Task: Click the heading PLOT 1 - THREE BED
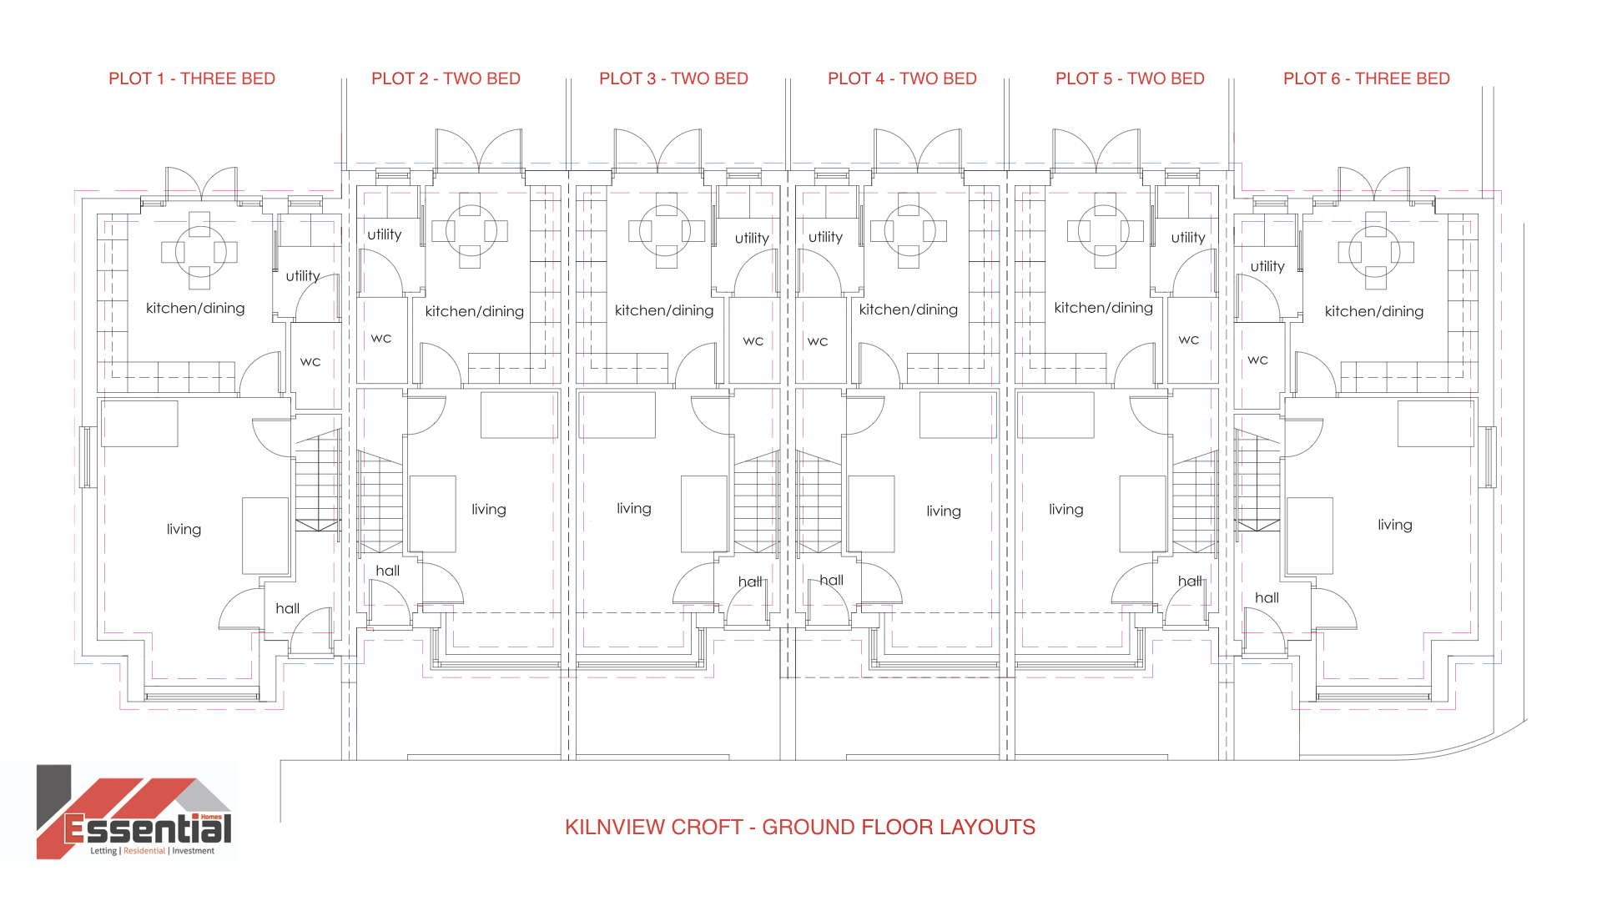[192, 78]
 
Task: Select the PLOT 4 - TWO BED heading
[902, 78]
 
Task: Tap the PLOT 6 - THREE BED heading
[1367, 78]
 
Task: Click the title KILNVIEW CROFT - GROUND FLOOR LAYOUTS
[800, 827]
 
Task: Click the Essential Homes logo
[134, 812]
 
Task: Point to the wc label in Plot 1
[310, 361]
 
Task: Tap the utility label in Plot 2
[385, 234]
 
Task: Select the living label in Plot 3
[634, 508]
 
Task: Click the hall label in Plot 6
[1267, 597]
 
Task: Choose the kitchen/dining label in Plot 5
[1104, 308]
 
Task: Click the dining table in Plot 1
[199, 251]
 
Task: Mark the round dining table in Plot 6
[1375, 251]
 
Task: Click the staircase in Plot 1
[318, 481]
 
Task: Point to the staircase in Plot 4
[819, 502]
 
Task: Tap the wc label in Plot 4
[818, 341]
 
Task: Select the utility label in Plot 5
[1188, 238]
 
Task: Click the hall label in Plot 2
[387, 571]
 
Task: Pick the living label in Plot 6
[1395, 524]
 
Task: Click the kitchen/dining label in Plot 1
[195, 308]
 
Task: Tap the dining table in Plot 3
[666, 230]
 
